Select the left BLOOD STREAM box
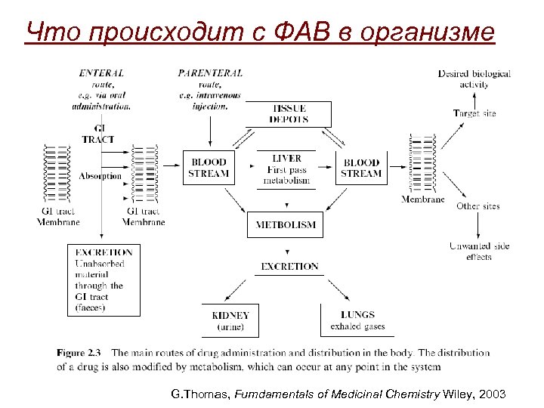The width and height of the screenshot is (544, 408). click(209, 168)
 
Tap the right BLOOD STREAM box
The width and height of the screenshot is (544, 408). click(361, 168)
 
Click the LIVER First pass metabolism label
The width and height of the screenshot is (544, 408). click(287, 169)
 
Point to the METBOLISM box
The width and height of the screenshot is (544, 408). click(286, 225)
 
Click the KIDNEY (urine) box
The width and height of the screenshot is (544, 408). click(231, 320)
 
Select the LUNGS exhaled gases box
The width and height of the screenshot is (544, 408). click(357, 320)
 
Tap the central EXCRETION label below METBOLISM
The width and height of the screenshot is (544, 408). click(289, 266)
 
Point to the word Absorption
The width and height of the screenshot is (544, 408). click(100, 176)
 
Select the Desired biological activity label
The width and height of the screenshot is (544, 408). click(474, 79)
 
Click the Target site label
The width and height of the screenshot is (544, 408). click(474, 113)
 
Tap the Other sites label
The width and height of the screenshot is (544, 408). click(478, 206)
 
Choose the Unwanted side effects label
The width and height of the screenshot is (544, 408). click(479, 251)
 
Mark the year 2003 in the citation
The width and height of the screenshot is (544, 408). click(494, 394)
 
